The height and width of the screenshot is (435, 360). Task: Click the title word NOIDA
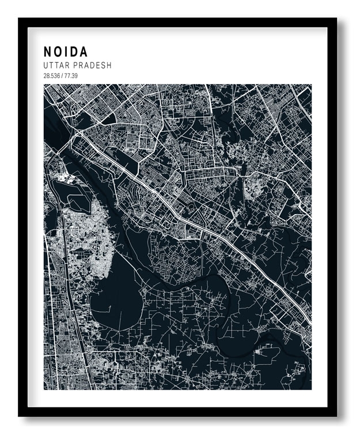(66, 52)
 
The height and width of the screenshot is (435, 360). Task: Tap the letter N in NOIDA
(48, 52)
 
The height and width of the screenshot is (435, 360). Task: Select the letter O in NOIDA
(58, 52)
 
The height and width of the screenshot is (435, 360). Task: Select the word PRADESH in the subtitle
(93, 66)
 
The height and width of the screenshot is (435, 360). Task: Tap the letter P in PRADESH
(77, 66)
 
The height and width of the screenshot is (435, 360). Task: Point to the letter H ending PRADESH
(109, 66)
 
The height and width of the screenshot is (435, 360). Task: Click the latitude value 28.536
(51, 75)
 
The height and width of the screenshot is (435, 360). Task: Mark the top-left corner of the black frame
(20, 20)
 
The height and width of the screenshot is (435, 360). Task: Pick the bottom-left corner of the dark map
(44, 388)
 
